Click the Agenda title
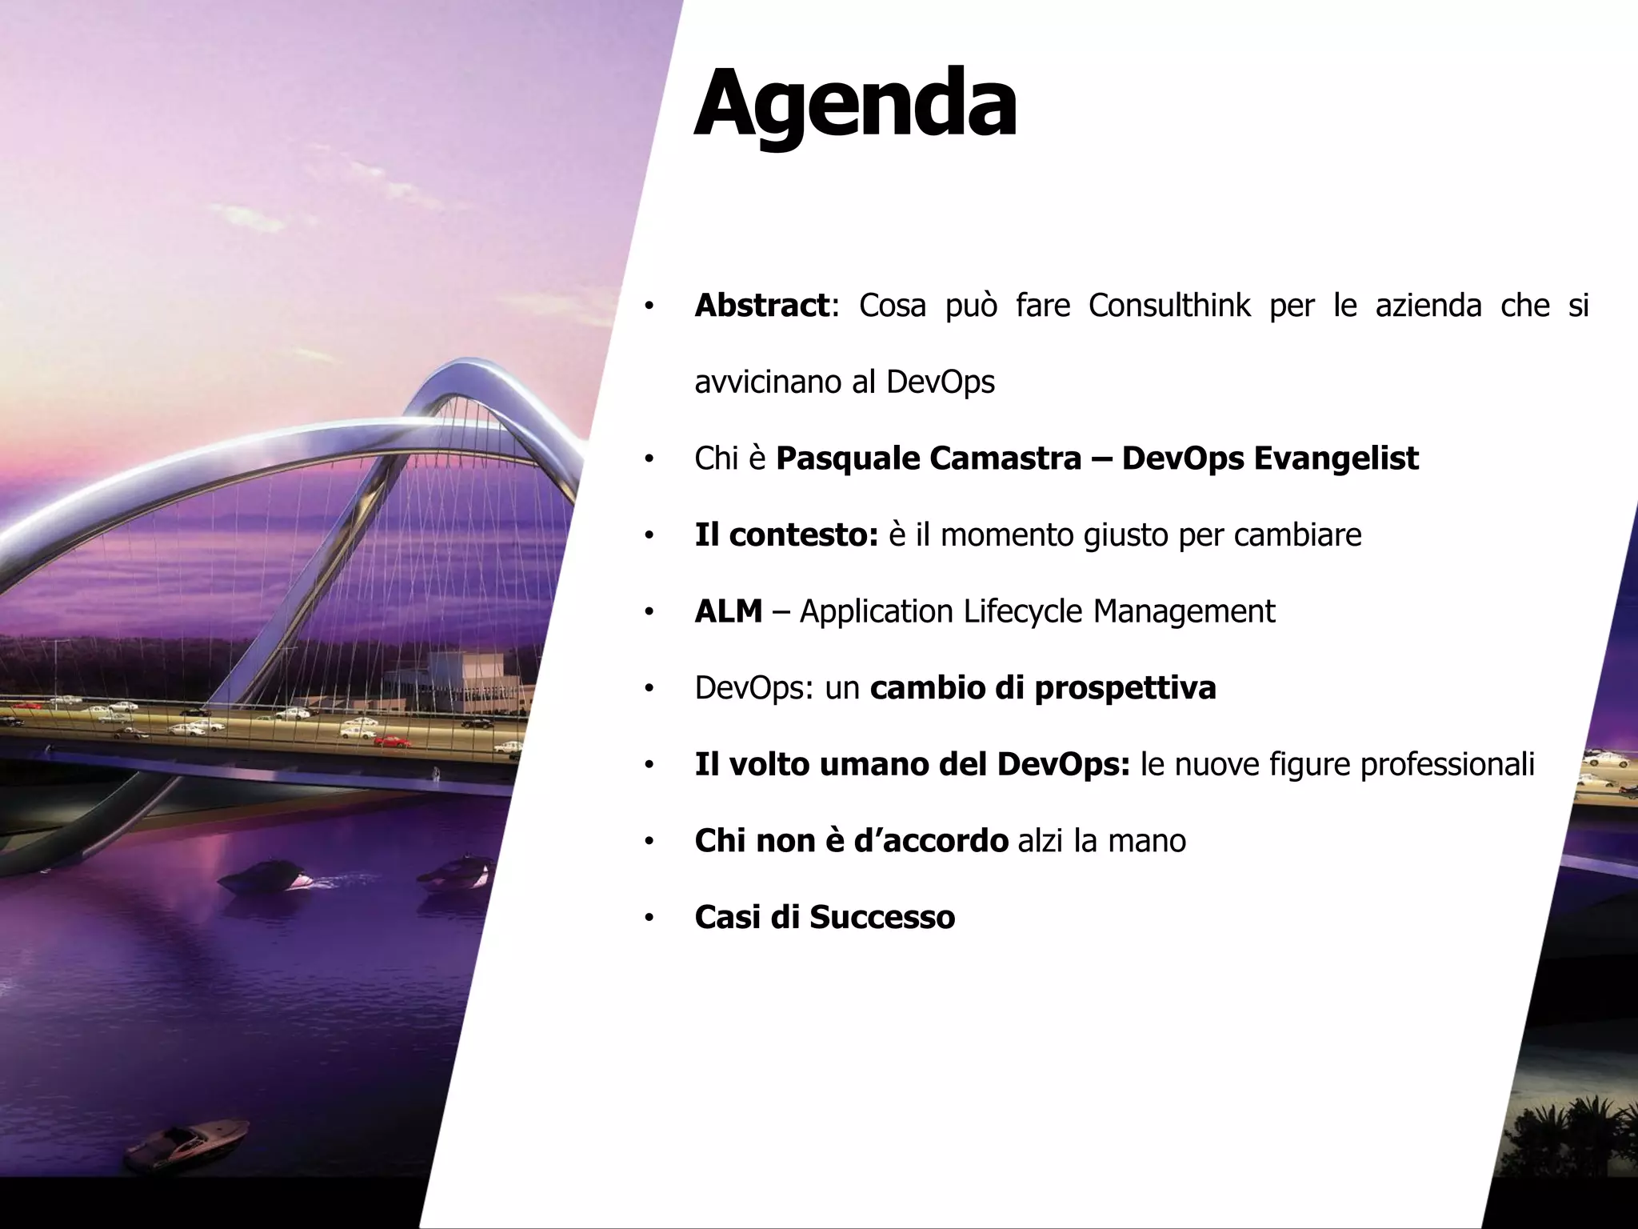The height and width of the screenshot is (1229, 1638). tap(855, 106)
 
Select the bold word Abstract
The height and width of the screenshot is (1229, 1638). tap(761, 306)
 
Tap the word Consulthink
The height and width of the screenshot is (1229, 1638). tap(1169, 306)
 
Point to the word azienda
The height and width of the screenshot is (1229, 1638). tap(1428, 306)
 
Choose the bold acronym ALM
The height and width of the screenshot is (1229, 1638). tap(729, 612)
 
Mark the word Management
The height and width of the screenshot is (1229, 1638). tap(1184, 612)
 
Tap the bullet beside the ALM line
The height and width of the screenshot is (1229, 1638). tap(649, 614)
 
